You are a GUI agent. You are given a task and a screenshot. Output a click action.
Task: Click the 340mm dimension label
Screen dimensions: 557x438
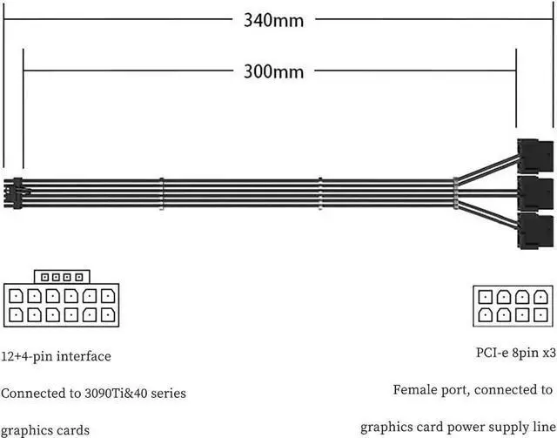[x=273, y=19]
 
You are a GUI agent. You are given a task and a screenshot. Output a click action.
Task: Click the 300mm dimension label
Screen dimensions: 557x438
[x=273, y=71]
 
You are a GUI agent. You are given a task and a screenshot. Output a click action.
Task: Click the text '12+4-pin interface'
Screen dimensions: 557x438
[x=57, y=356]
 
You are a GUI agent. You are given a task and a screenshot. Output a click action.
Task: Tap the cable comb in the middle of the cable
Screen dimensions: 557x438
[x=320, y=193]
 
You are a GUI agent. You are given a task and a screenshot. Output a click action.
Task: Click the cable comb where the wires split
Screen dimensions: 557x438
[x=453, y=193]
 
